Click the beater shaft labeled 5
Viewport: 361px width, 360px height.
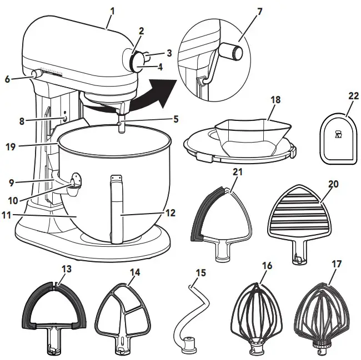[121, 123]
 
